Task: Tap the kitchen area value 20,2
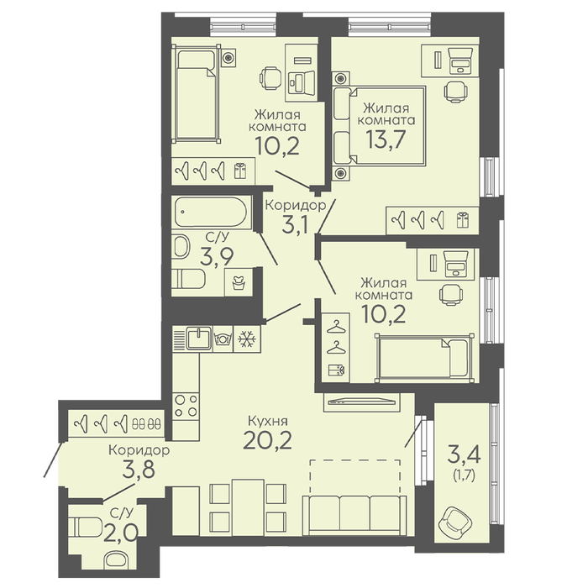(x=267, y=440)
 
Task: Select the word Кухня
(x=268, y=421)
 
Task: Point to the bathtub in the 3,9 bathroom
(x=211, y=212)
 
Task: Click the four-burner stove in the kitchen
(x=186, y=406)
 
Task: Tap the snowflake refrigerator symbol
(x=247, y=339)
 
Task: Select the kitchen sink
(x=199, y=339)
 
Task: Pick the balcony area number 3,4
(x=465, y=454)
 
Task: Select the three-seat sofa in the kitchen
(x=354, y=515)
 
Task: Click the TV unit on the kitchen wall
(x=361, y=402)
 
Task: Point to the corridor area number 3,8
(x=139, y=470)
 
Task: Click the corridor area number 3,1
(x=295, y=225)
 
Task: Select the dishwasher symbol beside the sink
(x=223, y=339)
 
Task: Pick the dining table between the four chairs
(x=248, y=507)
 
